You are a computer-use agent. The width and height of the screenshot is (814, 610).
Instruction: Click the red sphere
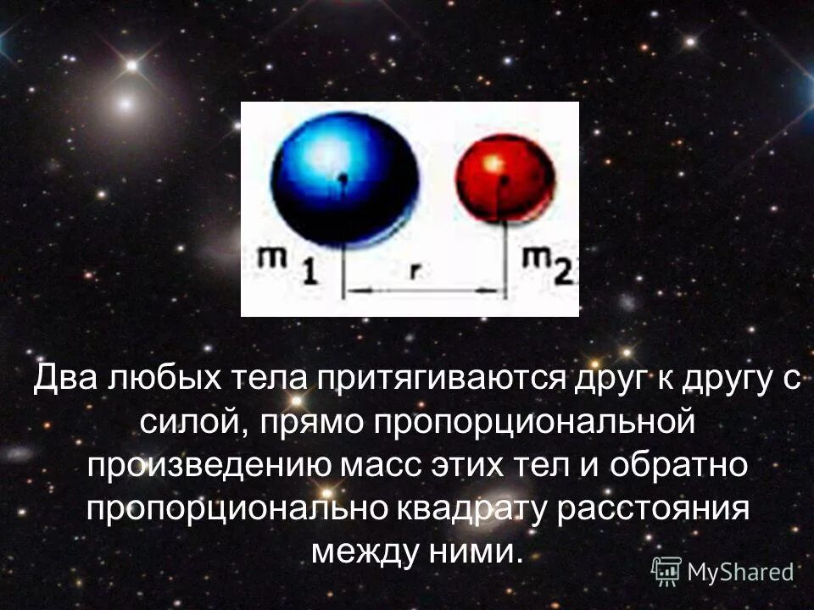pyautogui.click(x=505, y=179)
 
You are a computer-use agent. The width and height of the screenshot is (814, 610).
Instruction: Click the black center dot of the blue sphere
pyautogui.click(x=343, y=179)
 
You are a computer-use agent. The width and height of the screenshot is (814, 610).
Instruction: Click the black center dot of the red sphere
pyautogui.click(x=504, y=180)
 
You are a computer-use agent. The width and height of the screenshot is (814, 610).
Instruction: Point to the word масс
pyautogui.click(x=380, y=466)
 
